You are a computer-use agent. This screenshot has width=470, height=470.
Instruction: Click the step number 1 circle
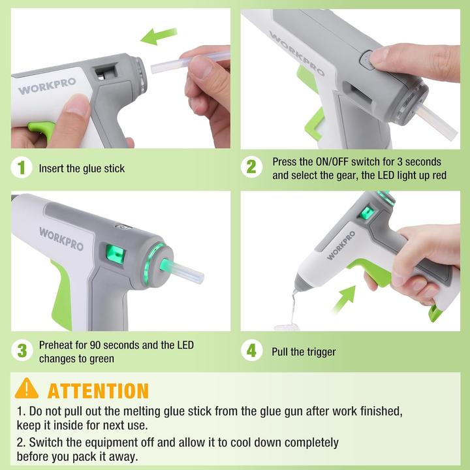pyautogui.click(x=22, y=168)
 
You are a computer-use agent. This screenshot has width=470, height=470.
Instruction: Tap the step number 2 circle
pyautogui.click(x=251, y=168)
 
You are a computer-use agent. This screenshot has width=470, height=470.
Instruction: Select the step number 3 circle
pyautogui.click(x=22, y=351)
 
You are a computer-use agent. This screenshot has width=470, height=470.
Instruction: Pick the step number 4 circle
pyautogui.click(x=251, y=351)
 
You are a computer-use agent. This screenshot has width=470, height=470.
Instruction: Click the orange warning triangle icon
pyautogui.click(x=27, y=389)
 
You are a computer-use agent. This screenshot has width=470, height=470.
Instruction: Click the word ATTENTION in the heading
pyautogui.click(x=98, y=390)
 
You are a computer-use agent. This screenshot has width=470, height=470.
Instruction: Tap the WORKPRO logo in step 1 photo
pyautogui.click(x=46, y=87)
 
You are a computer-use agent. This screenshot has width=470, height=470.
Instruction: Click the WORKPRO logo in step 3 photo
pyautogui.click(x=61, y=239)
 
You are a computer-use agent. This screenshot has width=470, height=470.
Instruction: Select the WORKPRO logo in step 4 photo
pyautogui.click(x=341, y=246)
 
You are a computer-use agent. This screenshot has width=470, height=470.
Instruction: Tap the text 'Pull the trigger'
pyautogui.click(x=304, y=352)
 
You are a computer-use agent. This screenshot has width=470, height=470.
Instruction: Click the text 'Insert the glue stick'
pyautogui.click(x=82, y=168)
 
